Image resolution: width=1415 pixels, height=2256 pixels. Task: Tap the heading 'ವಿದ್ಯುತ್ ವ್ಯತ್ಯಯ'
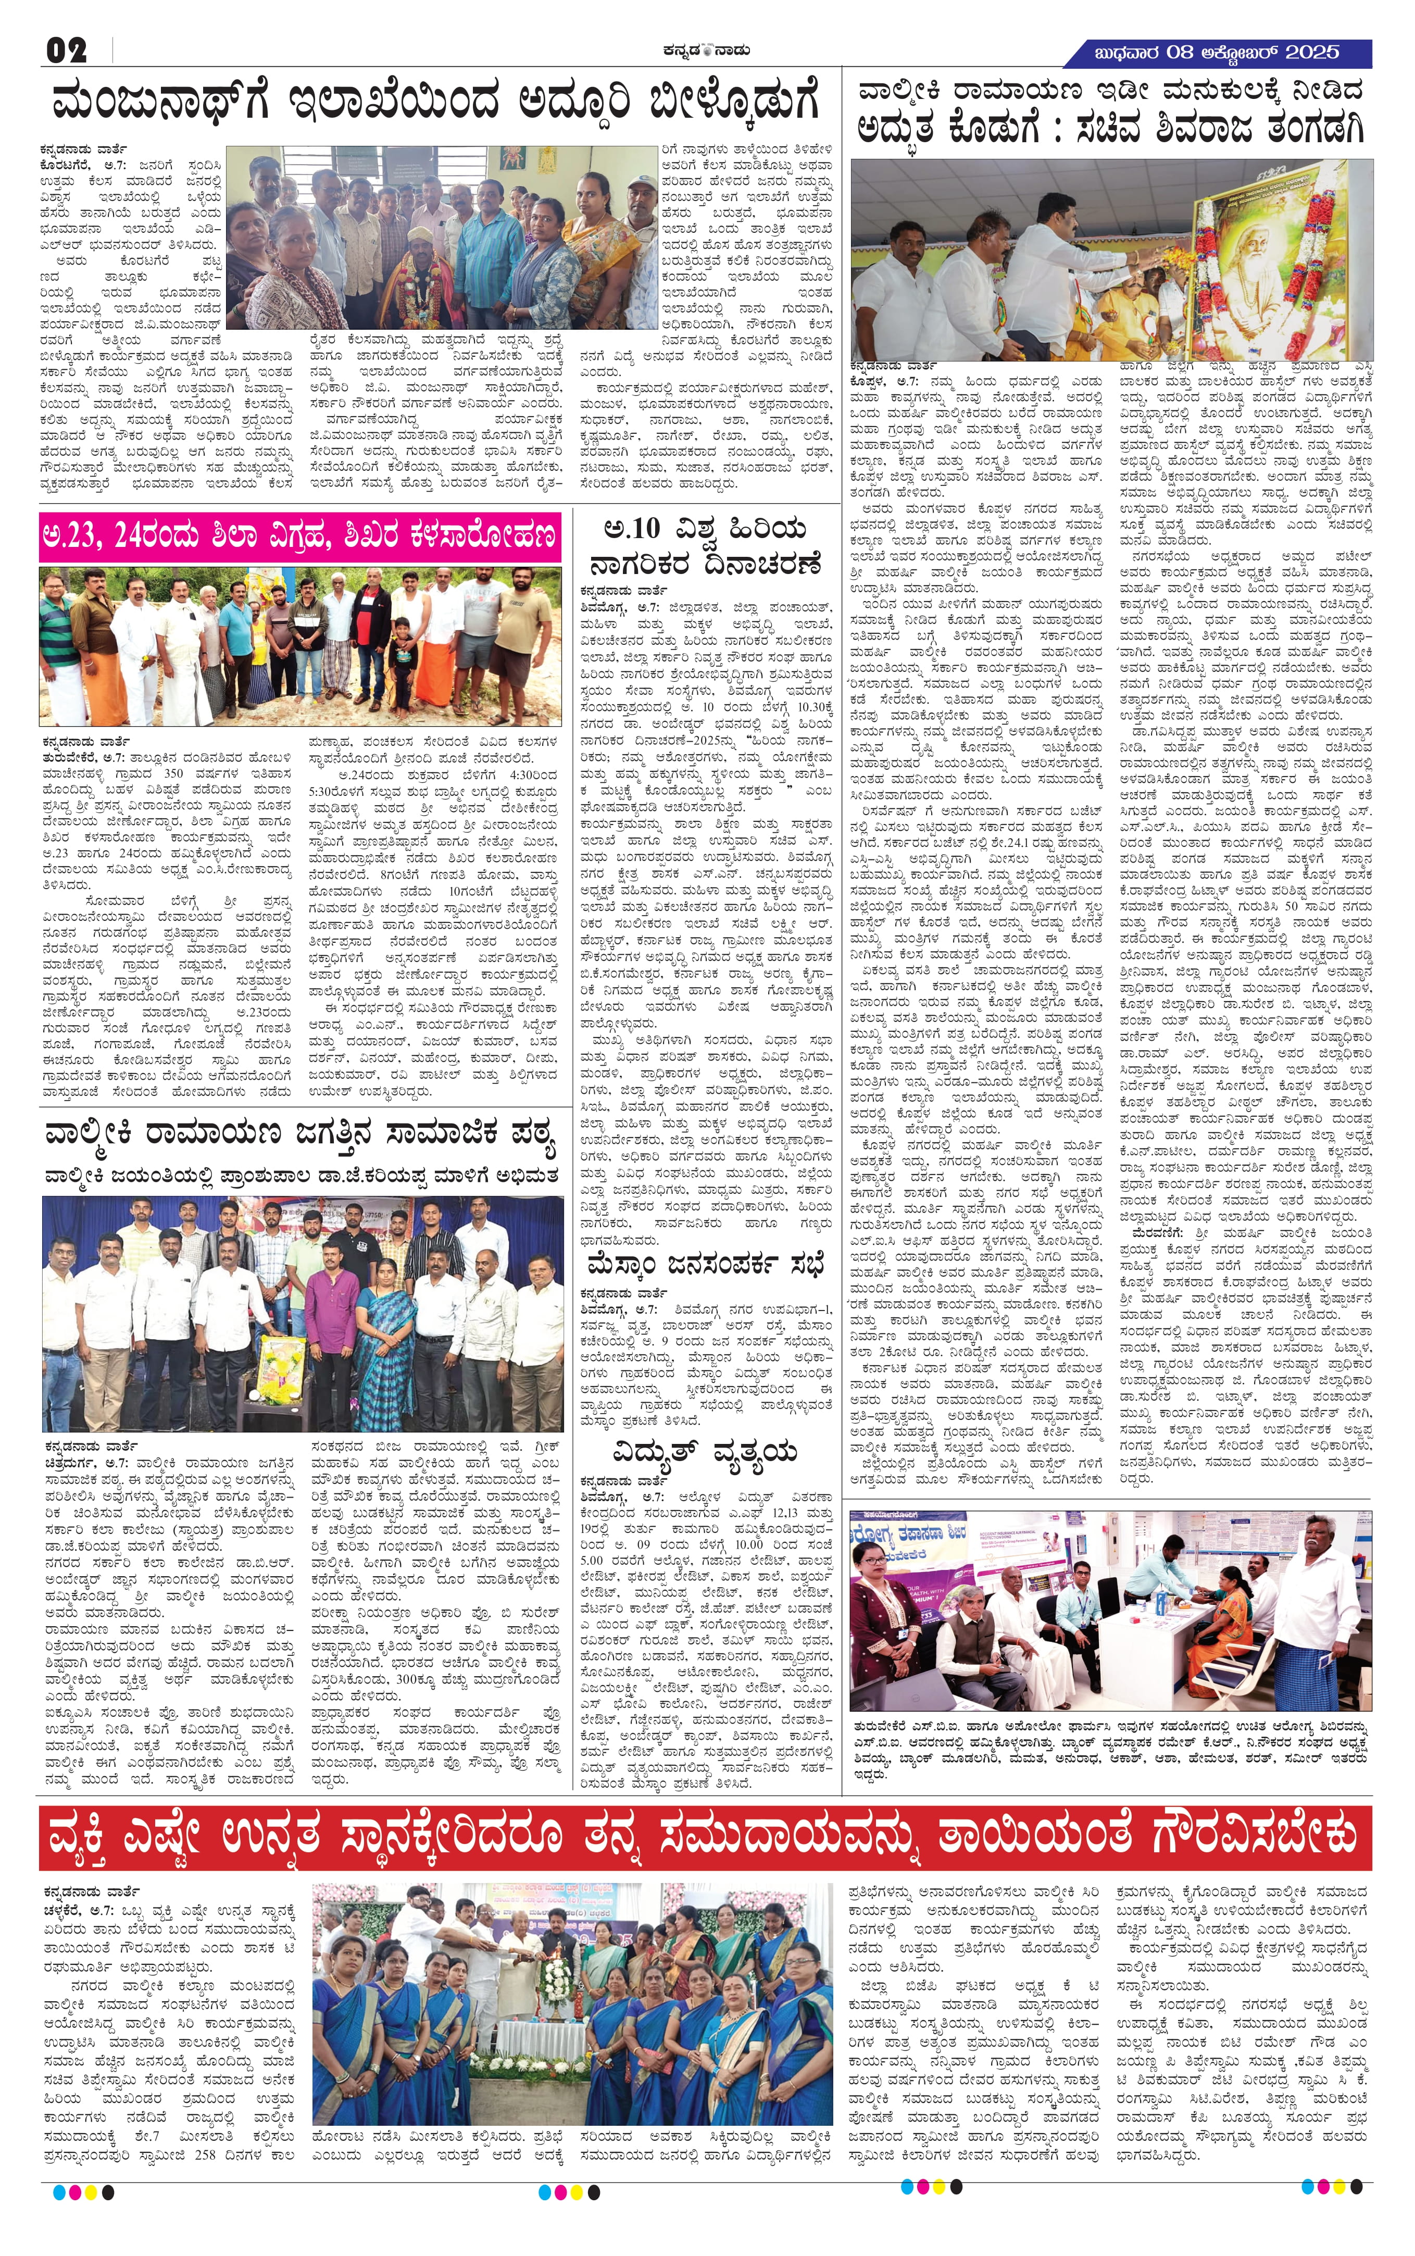tap(704, 1452)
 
